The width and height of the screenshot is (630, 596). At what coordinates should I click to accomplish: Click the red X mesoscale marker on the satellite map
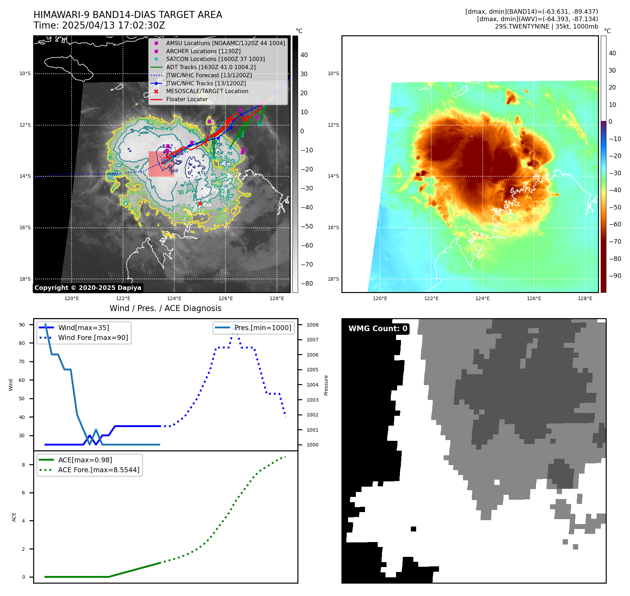tap(200, 203)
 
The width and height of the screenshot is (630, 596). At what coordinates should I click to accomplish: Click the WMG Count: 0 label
tap(378, 329)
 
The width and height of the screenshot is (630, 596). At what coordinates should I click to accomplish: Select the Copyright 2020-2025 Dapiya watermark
tap(88, 288)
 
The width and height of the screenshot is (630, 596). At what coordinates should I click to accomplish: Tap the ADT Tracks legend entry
tap(211, 67)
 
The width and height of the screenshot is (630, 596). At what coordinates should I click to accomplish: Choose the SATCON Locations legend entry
tap(215, 59)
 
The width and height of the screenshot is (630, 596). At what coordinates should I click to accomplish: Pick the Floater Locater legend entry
tap(187, 99)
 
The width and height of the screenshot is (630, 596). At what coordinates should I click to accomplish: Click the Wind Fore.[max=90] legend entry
tap(93, 337)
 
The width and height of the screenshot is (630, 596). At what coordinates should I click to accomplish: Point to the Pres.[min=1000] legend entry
tap(263, 328)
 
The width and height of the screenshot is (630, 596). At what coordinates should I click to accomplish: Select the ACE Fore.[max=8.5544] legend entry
tap(99, 470)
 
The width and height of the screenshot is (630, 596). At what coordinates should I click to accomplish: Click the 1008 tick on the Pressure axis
tap(312, 325)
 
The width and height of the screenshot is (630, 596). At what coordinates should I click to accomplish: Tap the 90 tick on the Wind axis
tap(22, 325)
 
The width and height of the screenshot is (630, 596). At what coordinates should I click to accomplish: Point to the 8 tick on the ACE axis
tap(23, 465)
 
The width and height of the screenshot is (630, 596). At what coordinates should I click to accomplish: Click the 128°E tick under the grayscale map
tap(277, 298)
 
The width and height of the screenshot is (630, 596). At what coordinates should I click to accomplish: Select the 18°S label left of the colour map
tap(333, 279)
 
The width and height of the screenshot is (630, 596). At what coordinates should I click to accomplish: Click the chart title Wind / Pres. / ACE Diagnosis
tap(166, 308)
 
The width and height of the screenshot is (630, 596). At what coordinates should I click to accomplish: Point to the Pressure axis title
tap(326, 385)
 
